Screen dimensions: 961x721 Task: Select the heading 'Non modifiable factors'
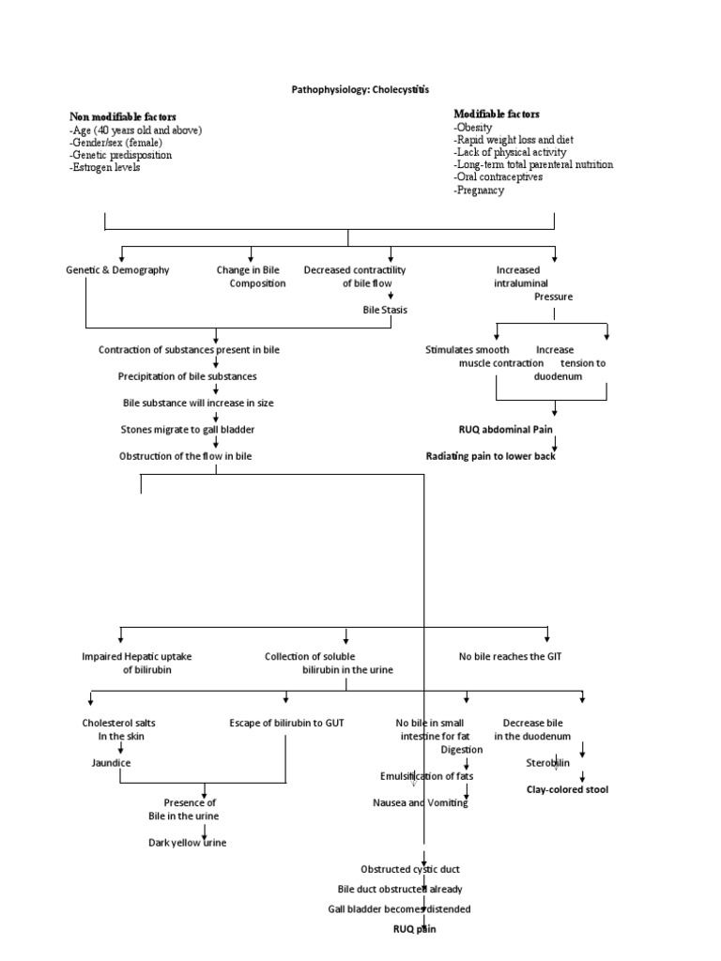point(122,115)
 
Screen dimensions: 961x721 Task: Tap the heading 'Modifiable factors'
point(497,114)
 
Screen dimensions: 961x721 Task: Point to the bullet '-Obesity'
point(473,127)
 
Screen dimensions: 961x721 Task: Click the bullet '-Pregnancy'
point(479,190)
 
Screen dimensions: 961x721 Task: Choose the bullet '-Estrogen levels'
point(106,167)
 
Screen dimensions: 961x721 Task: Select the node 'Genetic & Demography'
point(117,270)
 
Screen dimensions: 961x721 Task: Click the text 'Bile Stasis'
point(385,309)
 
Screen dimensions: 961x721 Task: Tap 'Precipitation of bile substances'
point(188,376)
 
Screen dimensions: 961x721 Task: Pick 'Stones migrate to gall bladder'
point(188,429)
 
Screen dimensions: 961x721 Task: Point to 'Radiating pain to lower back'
point(498,456)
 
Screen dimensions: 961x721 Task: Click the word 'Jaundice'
point(111,763)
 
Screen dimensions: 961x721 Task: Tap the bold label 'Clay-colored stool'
point(567,789)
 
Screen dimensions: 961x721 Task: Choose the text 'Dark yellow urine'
point(188,842)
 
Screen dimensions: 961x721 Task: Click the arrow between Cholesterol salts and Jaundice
point(120,750)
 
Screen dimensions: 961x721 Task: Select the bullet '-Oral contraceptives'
point(498,176)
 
